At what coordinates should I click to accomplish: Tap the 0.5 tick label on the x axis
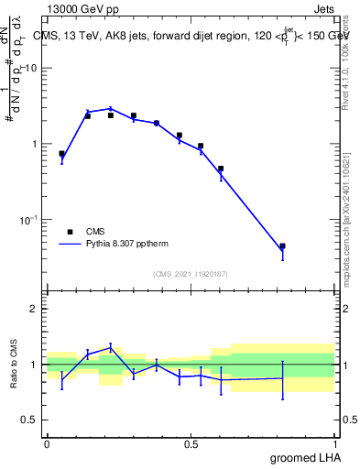[191, 443]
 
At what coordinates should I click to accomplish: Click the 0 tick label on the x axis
[47, 443]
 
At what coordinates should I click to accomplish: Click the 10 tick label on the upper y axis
[31, 69]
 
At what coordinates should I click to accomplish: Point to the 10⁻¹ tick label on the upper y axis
[29, 220]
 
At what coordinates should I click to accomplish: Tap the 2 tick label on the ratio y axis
[34, 309]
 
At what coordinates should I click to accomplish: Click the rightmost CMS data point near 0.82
[282, 246]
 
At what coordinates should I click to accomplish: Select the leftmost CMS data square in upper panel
[61, 154]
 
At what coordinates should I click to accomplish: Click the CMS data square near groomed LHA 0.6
[221, 169]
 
